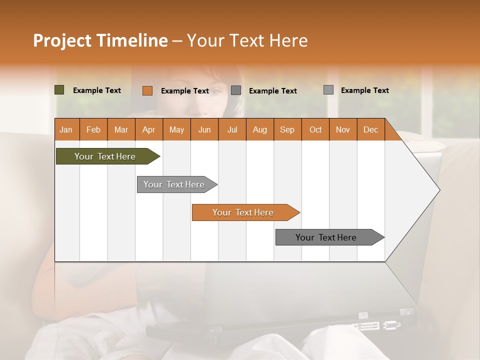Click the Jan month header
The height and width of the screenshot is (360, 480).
(x=66, y=129)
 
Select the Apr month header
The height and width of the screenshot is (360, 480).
(x=148, y=129)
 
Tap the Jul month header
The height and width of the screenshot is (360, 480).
(x=232, y=129)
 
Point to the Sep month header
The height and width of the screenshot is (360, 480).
(x=287, y=129)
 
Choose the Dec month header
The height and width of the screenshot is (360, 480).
(x=370, y=129)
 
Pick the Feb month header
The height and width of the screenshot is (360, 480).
(x=93, y=129)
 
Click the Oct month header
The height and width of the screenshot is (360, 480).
(x=315, y=129)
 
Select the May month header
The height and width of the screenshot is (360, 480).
(x=176, y=129)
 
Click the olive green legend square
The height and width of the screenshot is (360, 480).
(x=59, y=90)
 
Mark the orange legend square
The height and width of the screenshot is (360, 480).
(x=147, y=90)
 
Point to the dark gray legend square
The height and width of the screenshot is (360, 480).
(x=236, y=90)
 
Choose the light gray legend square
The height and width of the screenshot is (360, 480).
(x=328, y=90)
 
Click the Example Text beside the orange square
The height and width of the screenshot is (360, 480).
(x=185, y=91)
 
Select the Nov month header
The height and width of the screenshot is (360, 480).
(x=342, y=129)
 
